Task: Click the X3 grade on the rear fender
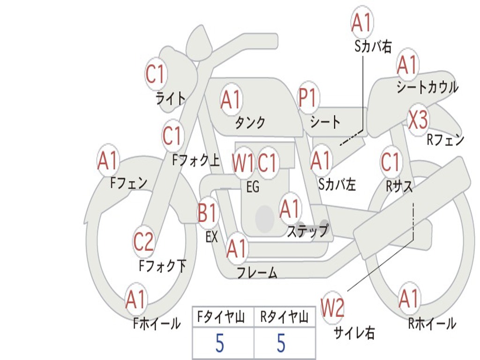click(418, 120)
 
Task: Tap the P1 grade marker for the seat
click(308, 98)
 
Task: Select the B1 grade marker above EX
click(207, 214)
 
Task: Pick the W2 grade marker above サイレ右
click(332, 308)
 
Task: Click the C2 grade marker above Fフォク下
click(143, 242)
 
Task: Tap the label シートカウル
click(427, 88)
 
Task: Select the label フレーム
click(257, 272)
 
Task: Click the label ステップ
click(307, 231)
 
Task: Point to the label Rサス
click(399, 187)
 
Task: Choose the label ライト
click(171, 98)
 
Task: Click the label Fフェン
click(129, 183)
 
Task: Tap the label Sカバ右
click(373, 46)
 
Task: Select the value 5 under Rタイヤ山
click(281, 344)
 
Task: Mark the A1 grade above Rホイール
click(409, 299)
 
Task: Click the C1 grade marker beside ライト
click(156, 74)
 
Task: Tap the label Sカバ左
click(337, 185)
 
